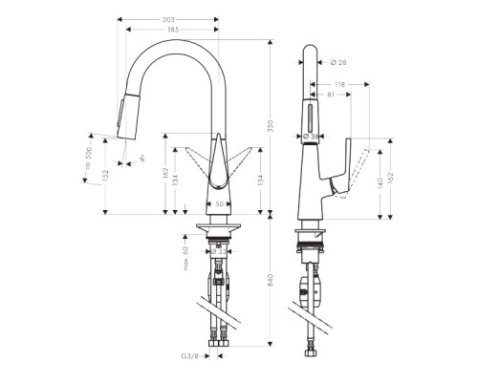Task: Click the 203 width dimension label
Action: (169, 18)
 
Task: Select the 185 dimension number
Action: (173, 32)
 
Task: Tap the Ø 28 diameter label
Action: (337, 64)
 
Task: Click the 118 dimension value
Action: (339, 84)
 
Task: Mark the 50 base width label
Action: (218, 205)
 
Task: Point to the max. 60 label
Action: (181, 255)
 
